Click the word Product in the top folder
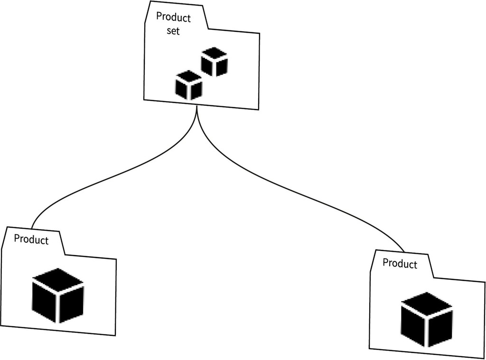coord(173,18)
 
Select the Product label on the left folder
coord(31,240)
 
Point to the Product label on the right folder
coord(400,263)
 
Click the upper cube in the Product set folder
coord(214,62)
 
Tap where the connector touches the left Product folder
coord(32,227)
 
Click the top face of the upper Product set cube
coord(214,53)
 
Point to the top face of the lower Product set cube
coord(188,76)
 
